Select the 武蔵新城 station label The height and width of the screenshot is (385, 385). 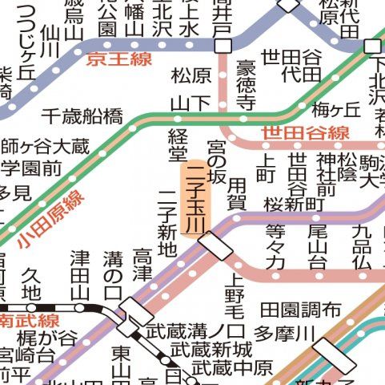pos(211,350)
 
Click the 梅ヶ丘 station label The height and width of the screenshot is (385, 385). pos(336,110)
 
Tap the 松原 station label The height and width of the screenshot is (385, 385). pos(191,76)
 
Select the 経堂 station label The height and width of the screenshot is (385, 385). pos(177,145)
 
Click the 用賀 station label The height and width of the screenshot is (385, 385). pos(237,193)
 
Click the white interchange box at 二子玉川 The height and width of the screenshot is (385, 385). pos(215,245)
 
